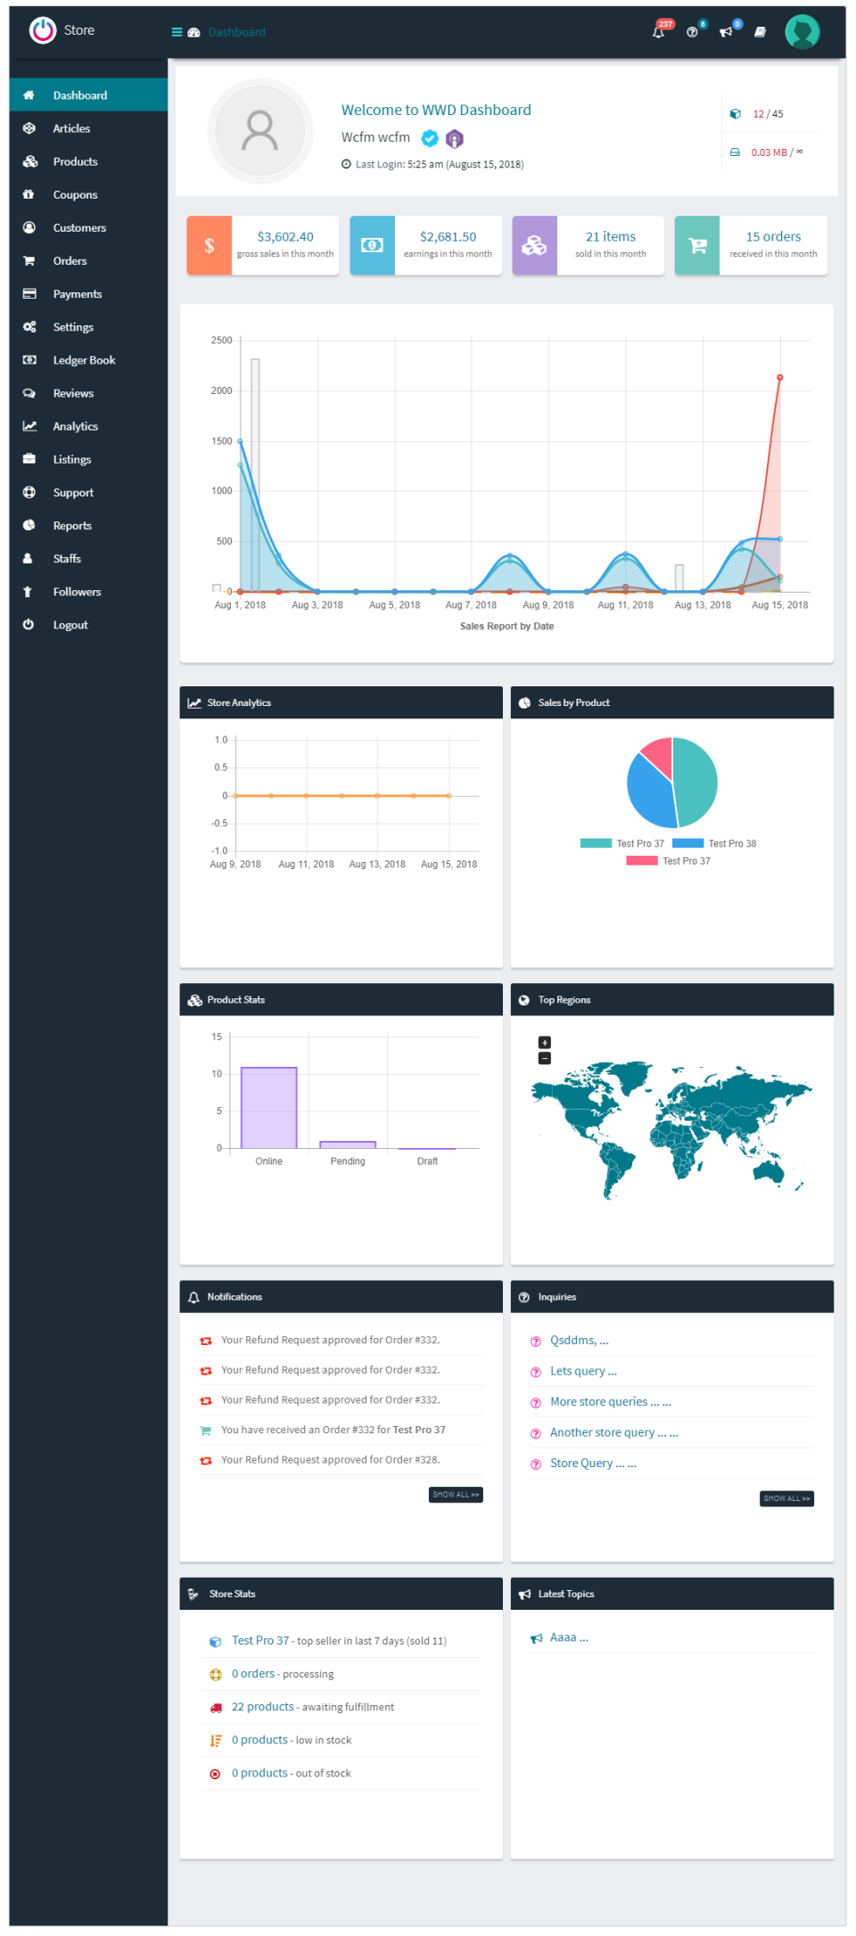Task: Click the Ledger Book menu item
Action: pos(84,360)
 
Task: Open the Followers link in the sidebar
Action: pos(77,592)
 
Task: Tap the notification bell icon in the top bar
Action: pos(658,32)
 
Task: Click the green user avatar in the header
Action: pos(802,32)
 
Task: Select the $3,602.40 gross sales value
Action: pos(285,237)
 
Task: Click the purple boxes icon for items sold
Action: pos(534,246)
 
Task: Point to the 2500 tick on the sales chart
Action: pos(221,340)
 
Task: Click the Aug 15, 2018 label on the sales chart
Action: pos(779,605)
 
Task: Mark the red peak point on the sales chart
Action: pos(779,378)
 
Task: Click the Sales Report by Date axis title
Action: pos(506,627)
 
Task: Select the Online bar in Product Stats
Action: pos(268,1107)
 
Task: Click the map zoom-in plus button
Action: pos(545,1043)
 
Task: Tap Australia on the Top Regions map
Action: pos(768,1169)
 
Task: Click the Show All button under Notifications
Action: pos(456,1495)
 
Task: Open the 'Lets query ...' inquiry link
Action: pos(583,1371)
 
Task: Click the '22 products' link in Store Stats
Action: pos(262,1707)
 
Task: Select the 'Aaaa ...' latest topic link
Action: pos(569,1637)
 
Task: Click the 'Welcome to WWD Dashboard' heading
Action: pos(436,111)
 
